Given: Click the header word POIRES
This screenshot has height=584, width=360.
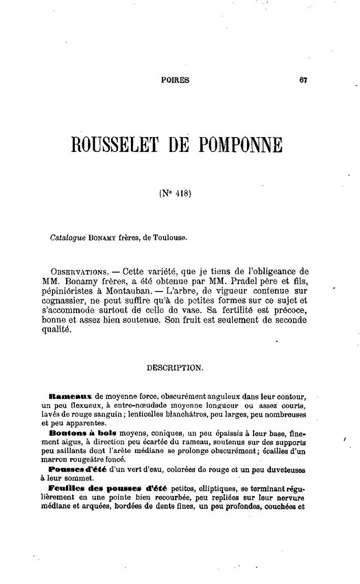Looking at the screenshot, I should (175, 79).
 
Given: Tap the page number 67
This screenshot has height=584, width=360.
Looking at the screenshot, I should (304, 79).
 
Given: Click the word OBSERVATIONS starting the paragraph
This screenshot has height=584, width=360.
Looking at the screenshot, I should (77, 270).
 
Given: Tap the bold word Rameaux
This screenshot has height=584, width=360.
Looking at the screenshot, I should (71, 395).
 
